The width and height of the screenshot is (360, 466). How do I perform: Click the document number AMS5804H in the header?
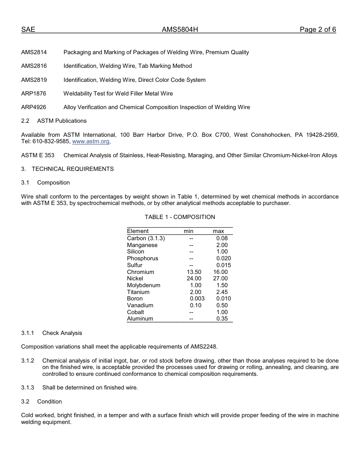[x=180, y=30]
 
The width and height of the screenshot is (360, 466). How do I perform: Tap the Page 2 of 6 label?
[x=318, y=30]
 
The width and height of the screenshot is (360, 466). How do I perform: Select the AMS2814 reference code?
[x=34, y=52]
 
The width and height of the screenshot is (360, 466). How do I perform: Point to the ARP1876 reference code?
[x=34, y=94]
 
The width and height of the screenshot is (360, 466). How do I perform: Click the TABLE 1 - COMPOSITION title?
[x=180, y=217]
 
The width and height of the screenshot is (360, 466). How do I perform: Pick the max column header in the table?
[x=218, y=231]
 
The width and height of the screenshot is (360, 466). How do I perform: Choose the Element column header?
[x=138, y=231]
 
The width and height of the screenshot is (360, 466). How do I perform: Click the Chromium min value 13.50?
[x=194, y=272]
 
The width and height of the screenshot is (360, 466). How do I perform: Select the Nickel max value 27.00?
[x=220, y=278]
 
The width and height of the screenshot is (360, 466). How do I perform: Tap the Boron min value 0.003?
[x=197, y=299]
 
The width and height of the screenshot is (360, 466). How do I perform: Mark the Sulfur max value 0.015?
[x=223, y=265]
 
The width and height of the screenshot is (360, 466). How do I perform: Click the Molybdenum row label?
[x=144, y=285]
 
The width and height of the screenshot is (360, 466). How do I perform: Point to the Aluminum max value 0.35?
[x=222, y=319]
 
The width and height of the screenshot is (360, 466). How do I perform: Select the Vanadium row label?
[x=140, y=305]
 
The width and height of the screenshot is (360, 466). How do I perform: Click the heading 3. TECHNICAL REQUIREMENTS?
[x=67, y=169]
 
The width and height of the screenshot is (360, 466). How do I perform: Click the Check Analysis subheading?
[x=62, y=333]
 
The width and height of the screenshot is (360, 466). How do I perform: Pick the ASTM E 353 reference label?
[x=38, y=155]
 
